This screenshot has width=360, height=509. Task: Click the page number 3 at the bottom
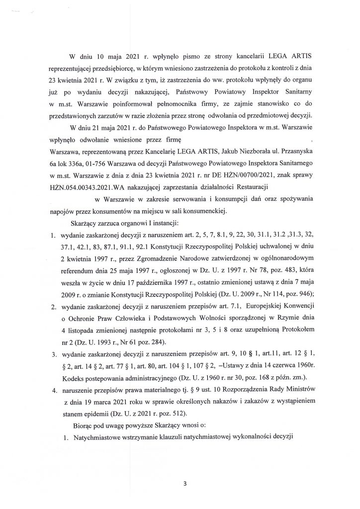[184, 483]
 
